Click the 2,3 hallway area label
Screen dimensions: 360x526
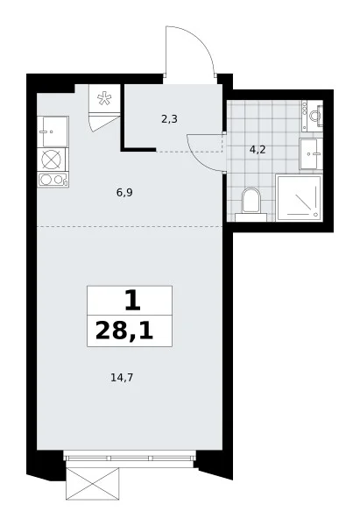pyautogui.click(x=169, y=119)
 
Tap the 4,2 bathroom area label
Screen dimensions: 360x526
pyautogui.click(x=258, y=150)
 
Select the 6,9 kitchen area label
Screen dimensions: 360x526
pyautogui.click(x=124, y=193)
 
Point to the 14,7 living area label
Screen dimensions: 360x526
pyautogui.click(x=122, y=378)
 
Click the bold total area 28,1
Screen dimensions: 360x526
pyautogui.click(x=124, y=331)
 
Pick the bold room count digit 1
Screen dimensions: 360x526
pyautogui.click(x=132, y=301)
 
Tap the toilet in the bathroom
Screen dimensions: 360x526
pyautogui.click(x=251, y=205)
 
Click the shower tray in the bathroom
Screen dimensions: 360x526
pyautogui.click(x=299, y=197)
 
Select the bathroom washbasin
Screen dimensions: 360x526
pyautogui.click(x=311, y=154)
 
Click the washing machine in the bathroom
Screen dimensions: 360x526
pyautogui.click(x=312, y=116)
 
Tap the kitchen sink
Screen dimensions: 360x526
pyautogui.click(x=53, y=131)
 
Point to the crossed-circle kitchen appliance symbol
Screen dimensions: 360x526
pyautogui.click(x=53, y=159)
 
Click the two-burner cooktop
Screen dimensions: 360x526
pyautogui.click(x=53, y=180)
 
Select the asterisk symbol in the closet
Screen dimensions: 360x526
pyautogui.click(x=104, y=99)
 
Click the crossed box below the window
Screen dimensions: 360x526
pyautogui.click(x=93, y=484)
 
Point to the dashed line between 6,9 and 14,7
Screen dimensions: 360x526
pyautogui.click(x=130, y=227)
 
